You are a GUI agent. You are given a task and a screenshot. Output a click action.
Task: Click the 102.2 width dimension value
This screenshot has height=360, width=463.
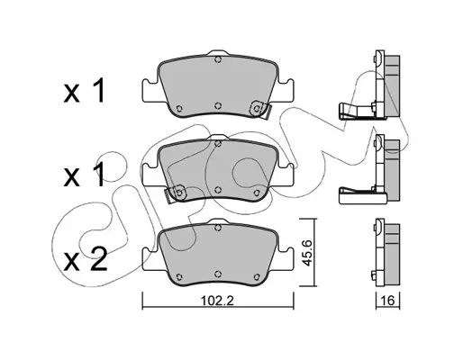(217, 301)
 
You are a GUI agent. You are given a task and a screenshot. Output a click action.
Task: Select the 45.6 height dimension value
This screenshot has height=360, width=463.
(307, 253)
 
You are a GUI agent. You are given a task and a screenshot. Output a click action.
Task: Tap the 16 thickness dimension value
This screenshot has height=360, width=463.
(387, 301)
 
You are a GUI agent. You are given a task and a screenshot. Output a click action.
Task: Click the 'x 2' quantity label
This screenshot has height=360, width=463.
(86, 259)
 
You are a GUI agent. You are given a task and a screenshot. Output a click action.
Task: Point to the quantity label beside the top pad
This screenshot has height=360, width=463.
(84, 91)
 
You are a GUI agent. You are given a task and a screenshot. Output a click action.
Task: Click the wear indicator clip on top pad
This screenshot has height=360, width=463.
(260, 109)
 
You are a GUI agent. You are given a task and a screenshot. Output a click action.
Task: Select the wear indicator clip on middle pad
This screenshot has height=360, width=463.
(176, 193)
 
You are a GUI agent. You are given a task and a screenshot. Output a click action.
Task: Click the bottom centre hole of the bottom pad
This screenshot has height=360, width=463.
(218, 274)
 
